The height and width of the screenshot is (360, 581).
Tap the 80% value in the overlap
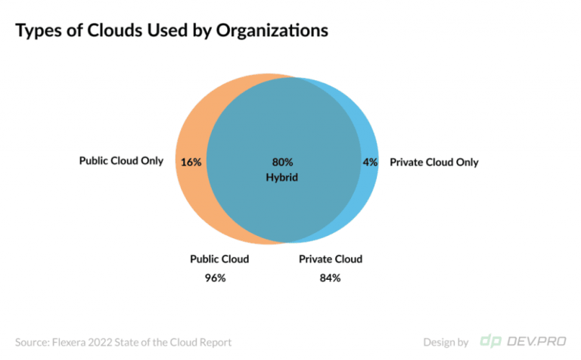(x=282, y=162)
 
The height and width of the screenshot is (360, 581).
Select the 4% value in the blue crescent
(x=370, y=162)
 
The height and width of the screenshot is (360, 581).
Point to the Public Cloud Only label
(x=121, y=161)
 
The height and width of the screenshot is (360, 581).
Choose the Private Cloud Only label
(x=433, y=162)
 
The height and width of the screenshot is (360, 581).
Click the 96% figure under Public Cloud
(x=216, y=278)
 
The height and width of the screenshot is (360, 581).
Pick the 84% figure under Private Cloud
(x=331, y=278)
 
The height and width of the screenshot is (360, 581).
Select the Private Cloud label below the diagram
(x=331, y=259)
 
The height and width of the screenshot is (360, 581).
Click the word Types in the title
(x=39, y=31)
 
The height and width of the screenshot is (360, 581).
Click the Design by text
(x=446, y=342)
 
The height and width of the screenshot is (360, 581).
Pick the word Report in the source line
(x=214, y=342)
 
